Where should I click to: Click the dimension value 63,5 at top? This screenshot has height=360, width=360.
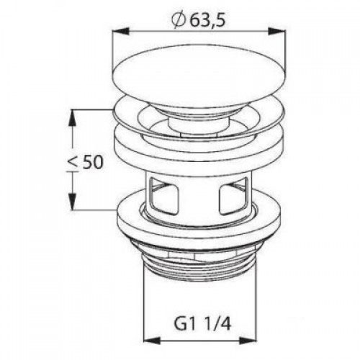point(208,21)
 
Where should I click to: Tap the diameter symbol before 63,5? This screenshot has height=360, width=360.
point(179,21)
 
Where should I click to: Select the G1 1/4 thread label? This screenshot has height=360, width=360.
point(202,325)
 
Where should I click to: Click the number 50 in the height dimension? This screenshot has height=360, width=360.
point(92,162)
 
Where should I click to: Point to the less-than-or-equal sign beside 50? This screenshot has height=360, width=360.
point(72,165)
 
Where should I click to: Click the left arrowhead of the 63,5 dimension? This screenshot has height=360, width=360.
point(121,32)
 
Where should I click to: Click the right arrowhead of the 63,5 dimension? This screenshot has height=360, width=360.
point(276,32)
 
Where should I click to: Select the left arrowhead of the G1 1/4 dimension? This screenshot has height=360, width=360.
point(152,341)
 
